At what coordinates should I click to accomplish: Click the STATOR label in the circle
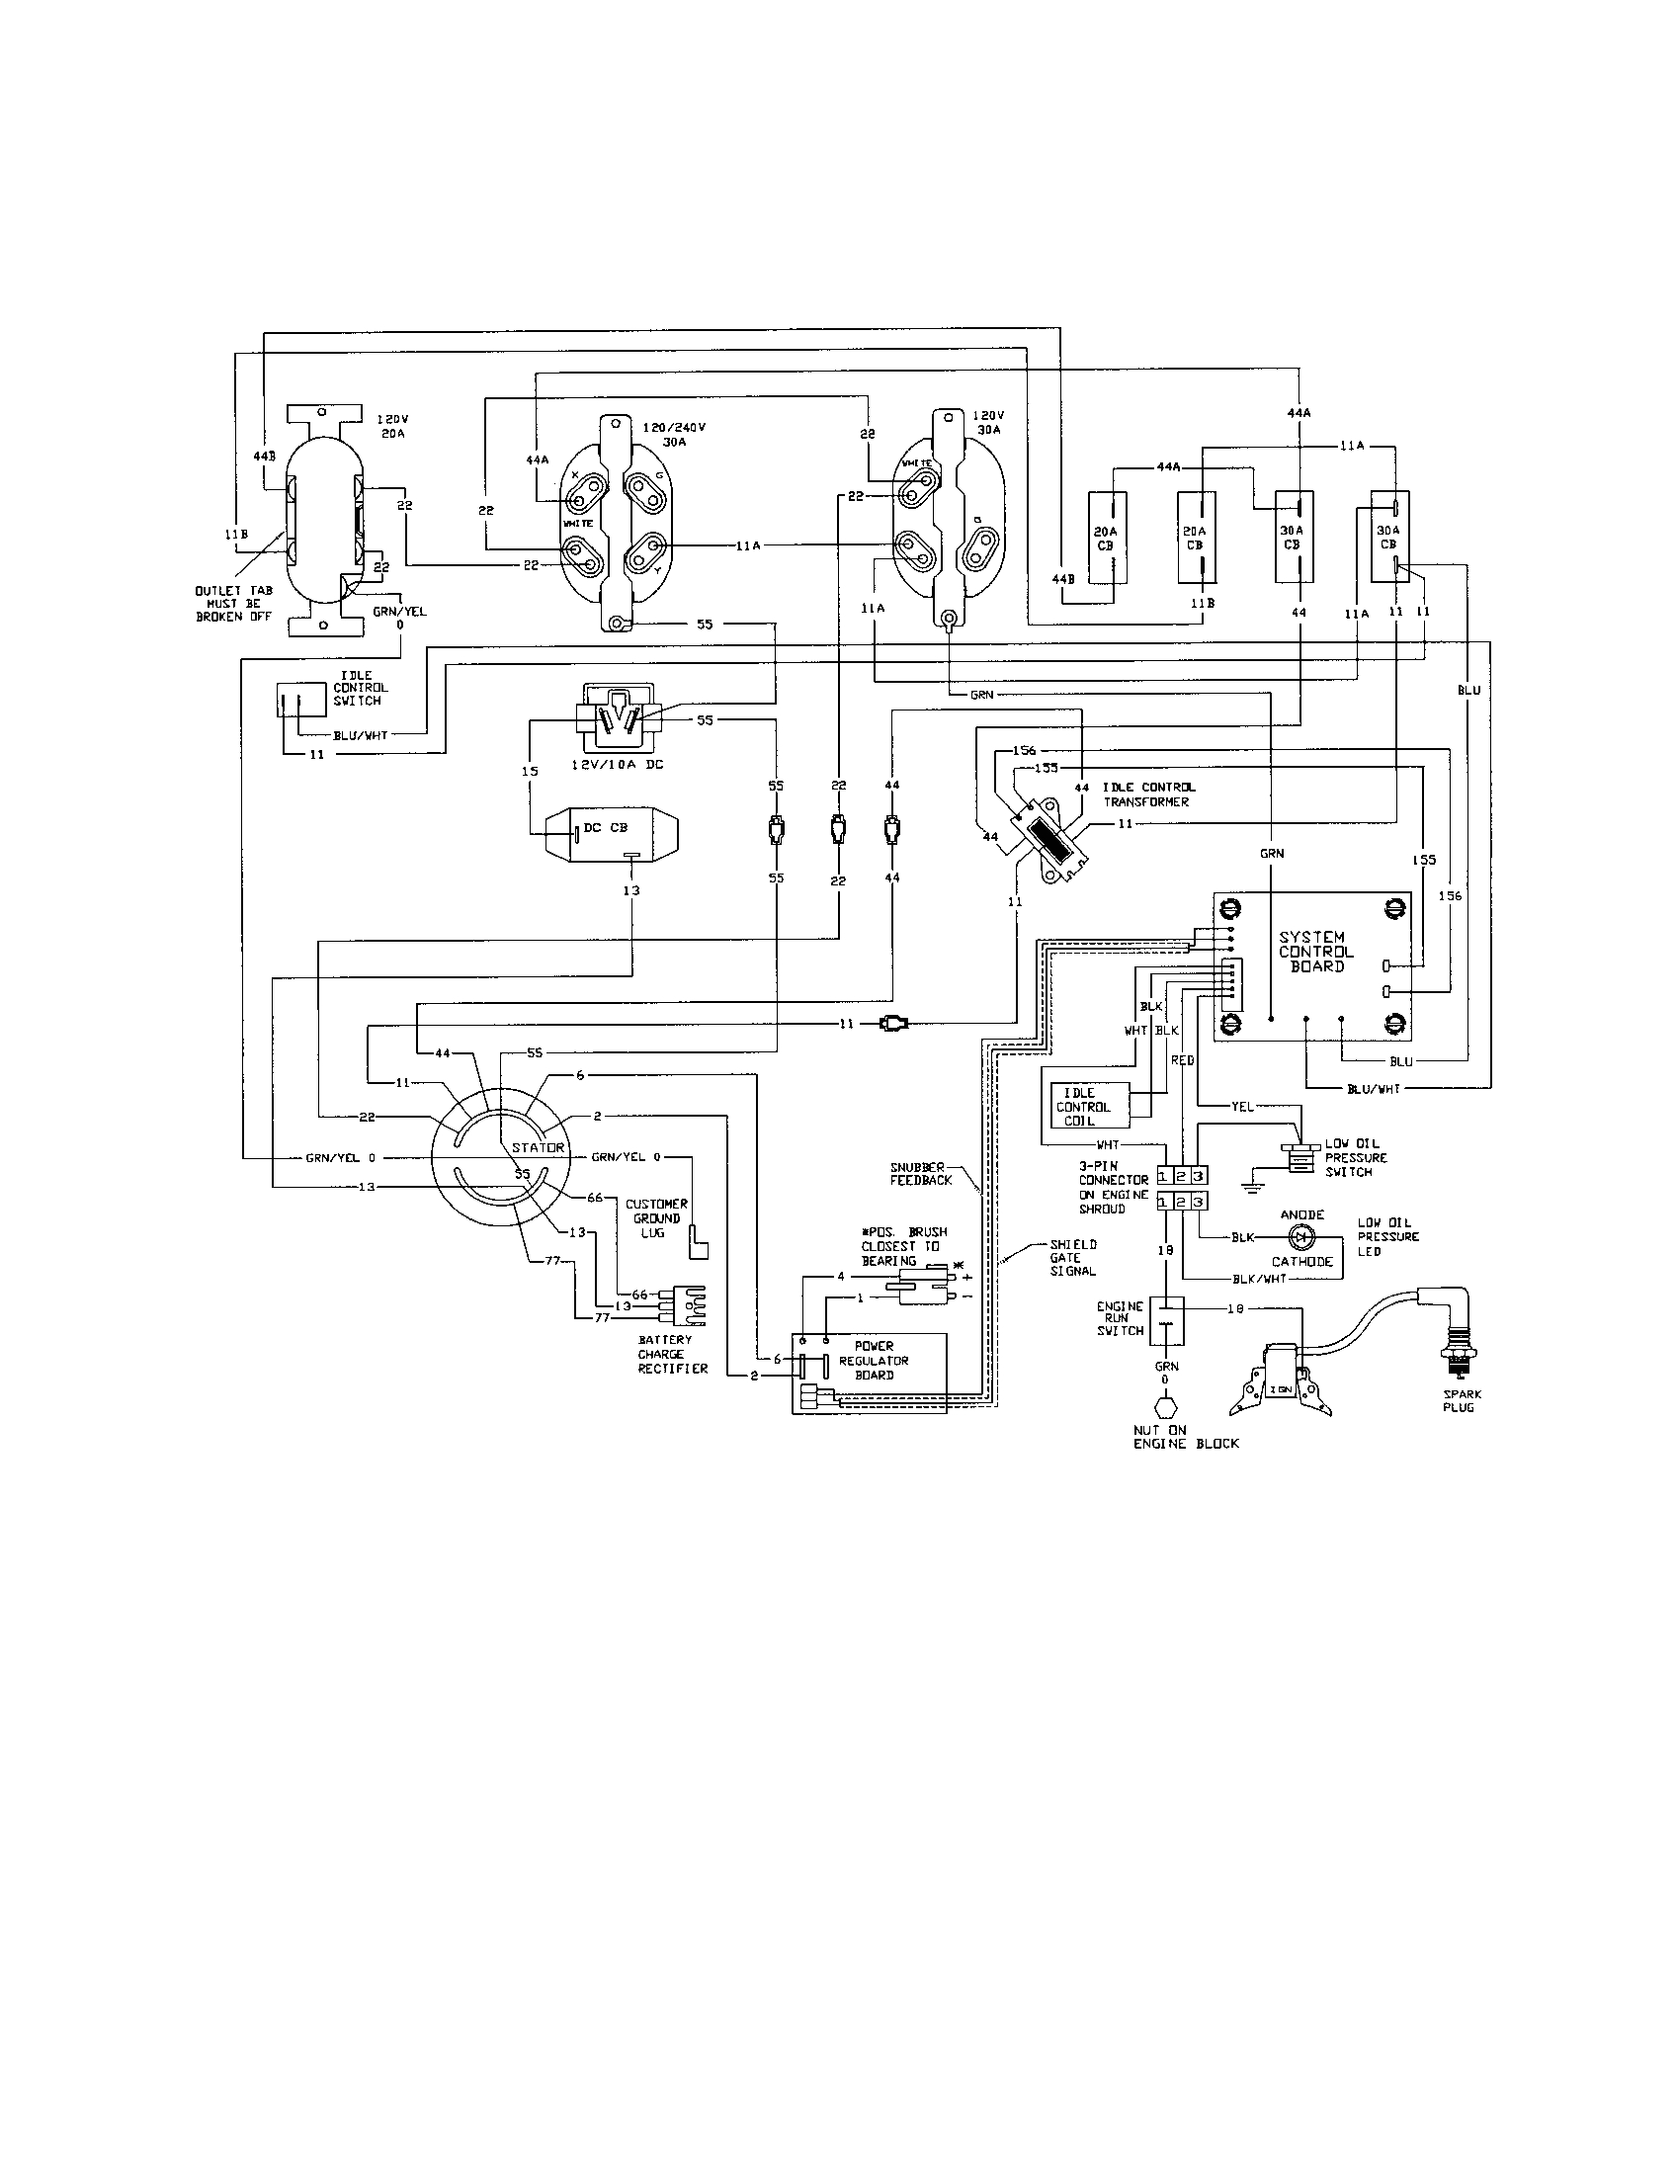(x=539, y=1146)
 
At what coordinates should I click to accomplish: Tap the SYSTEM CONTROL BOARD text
(x=1315, y=952)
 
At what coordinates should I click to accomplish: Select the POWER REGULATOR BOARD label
(x=874, y=1360)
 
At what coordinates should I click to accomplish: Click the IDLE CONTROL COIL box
(x=1087, y=1107)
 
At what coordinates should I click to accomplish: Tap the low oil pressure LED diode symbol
(x=1299, y=1237)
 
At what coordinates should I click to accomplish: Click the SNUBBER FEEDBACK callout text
(x=921, y=1174)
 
